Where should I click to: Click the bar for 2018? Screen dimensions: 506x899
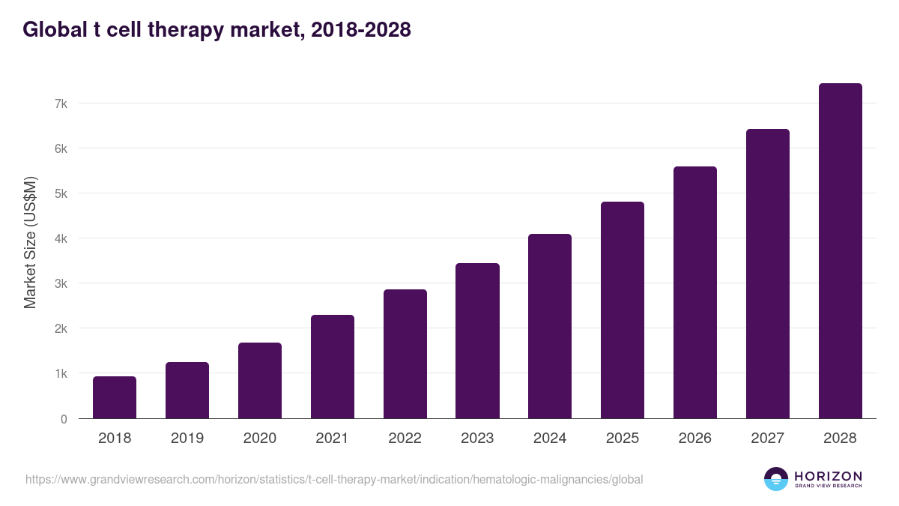tap(115, 397)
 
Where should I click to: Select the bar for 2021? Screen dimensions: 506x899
tap(333, 367)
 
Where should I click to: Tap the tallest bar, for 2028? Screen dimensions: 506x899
tap(841, 251)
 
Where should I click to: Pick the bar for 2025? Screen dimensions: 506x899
tap(623, 310)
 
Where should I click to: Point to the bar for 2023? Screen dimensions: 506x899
tap(477, 341)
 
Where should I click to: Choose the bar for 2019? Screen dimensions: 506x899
tap(187, 391)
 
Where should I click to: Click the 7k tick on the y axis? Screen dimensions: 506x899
tap(61, 103)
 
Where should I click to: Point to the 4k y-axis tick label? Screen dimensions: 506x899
tap(61, 238)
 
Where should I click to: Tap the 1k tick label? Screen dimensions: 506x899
tap(61, 373)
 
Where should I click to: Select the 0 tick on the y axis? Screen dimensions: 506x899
tap(64, 419)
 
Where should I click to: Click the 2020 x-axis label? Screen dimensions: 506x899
tap(260, 439)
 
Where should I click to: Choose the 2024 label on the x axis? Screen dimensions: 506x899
tap(550, 439)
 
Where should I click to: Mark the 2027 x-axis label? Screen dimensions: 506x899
tap(768, 439)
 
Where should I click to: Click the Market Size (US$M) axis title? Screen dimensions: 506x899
tap(30, 241)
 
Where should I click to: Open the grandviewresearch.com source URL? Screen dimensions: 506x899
tap(334, 479)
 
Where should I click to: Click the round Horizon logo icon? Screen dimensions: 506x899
tap(775, 479)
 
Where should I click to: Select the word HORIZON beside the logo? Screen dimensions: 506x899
tap(828, 475)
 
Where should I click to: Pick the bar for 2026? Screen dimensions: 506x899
tap(695, 292)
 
